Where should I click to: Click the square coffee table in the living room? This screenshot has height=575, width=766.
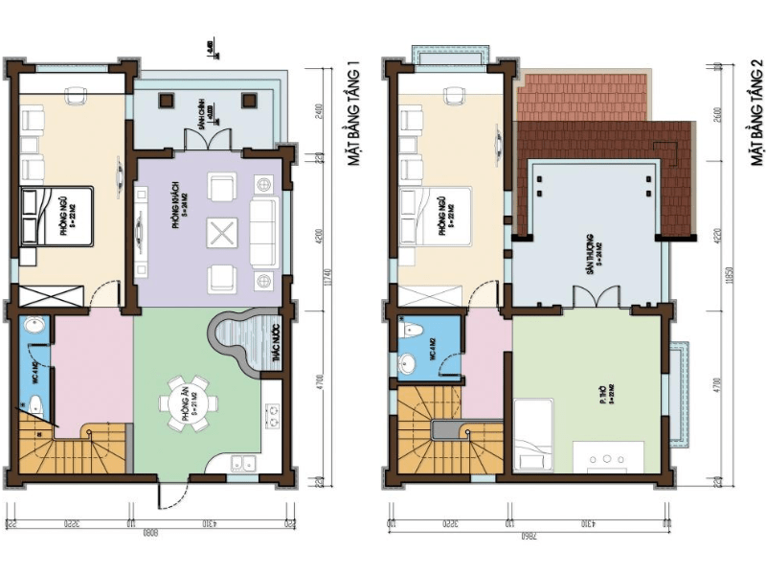point(221,232)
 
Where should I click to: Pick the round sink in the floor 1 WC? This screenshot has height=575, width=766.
point(34,329)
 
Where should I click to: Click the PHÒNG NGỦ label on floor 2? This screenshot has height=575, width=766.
point(443,218)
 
